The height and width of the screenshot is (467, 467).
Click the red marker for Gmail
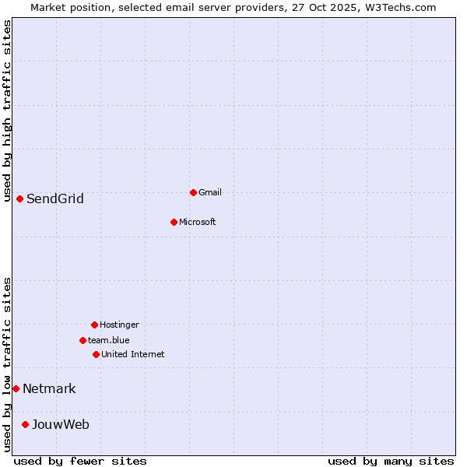coord(193,192)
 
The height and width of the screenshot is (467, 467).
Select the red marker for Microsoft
coord(174,222)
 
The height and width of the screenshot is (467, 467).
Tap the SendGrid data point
coord(19,198)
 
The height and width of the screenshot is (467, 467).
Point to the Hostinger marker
coord(94,325)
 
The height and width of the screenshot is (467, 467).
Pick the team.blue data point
coord(83,340)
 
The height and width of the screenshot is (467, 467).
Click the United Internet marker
coord(96,354)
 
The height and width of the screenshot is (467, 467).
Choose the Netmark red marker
coord(16,388)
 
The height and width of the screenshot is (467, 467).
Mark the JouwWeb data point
coord(25,424)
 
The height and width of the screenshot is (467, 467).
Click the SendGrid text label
coord(55,198)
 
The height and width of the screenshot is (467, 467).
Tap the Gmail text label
coord(210,192)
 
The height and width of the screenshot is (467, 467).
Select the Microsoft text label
coord(198,222)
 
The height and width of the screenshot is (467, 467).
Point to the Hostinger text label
coord(119,325)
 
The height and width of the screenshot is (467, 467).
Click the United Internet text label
coord(133,354)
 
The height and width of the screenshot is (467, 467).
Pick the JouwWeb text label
coord(61,424)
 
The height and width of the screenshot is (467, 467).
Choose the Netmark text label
coord(49,388)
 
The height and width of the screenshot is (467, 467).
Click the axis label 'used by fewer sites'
coord(80,461)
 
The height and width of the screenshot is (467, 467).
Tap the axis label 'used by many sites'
coord(391,461)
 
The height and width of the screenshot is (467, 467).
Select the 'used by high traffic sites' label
coord(7,111)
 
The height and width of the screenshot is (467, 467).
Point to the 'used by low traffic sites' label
coord(7,364)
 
